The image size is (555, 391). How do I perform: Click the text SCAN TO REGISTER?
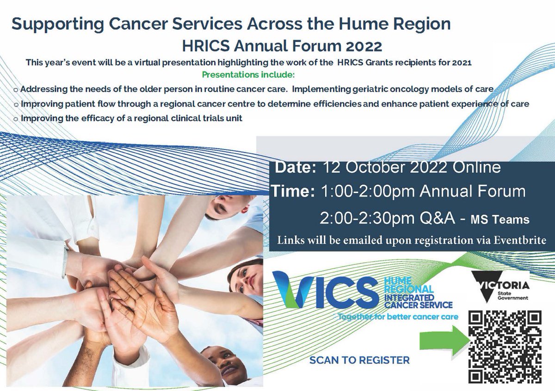359,360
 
